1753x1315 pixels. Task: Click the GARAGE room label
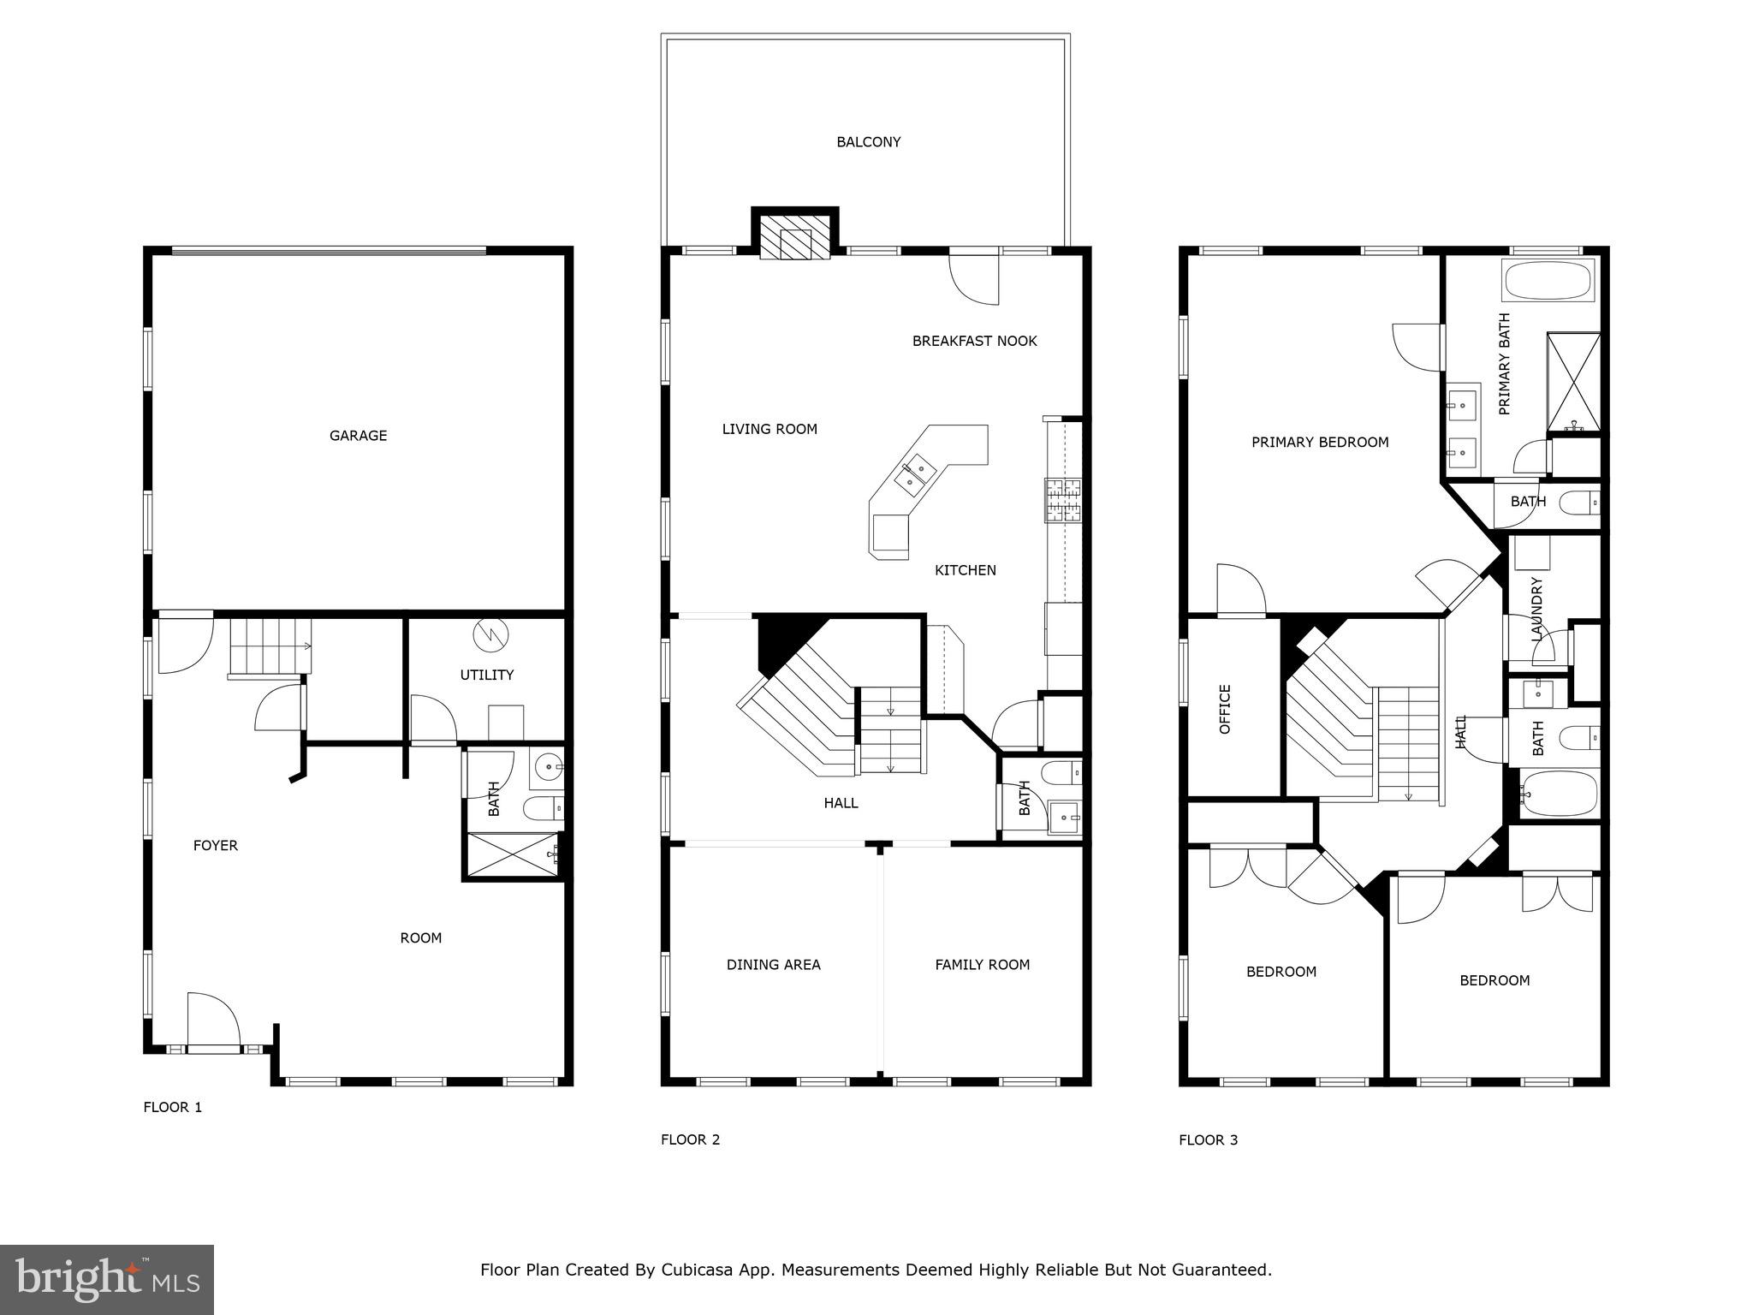click(358, 436)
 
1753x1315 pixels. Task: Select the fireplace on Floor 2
click(795, 237)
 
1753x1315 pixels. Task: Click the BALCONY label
click(868, 142)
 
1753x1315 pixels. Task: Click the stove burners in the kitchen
click(1062, 501)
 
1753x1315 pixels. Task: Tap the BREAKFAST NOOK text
click(974, 341)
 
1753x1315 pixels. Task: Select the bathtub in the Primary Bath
click(1548, 281)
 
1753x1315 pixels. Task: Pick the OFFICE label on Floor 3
click(1224, 709)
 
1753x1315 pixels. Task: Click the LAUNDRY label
click(1536, 609)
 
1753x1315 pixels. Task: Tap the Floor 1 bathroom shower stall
click(512, 854)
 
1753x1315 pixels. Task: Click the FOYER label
click(215, 846)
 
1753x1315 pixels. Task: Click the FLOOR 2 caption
click(690, 1139)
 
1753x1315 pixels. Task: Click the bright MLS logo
click(106, 1280)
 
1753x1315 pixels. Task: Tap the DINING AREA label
click(773, 965)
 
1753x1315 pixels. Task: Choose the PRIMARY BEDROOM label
click(1319, 443)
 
